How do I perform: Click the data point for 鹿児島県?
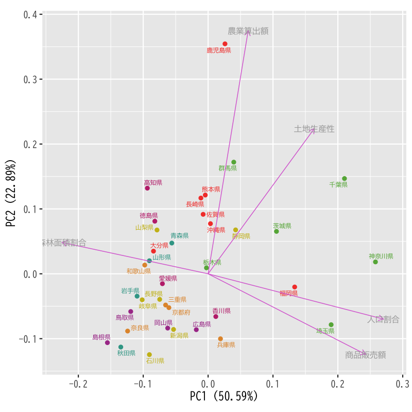coord(225,44)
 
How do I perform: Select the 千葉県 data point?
coord(345,179)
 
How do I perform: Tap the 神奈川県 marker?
coord(375,262)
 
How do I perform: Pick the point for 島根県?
coord(108,342)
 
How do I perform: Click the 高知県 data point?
coord(147,188)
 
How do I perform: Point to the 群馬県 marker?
coord(234,162)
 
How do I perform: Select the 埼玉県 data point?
coord(331,325)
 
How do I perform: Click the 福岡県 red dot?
coord(295,287)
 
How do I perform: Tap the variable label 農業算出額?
coord(248,31)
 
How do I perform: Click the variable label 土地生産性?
coord(314,129)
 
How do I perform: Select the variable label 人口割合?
coord(383,319)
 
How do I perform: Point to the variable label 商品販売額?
coord(365,355)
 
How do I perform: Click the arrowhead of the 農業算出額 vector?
coord(248,32)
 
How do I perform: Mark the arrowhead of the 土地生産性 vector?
coord(314,129)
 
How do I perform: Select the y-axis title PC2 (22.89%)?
coord(11,193)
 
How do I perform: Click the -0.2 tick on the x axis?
coord(78,384)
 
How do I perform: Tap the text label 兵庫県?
coord(226,345)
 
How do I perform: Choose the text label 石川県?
coord(155,361)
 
